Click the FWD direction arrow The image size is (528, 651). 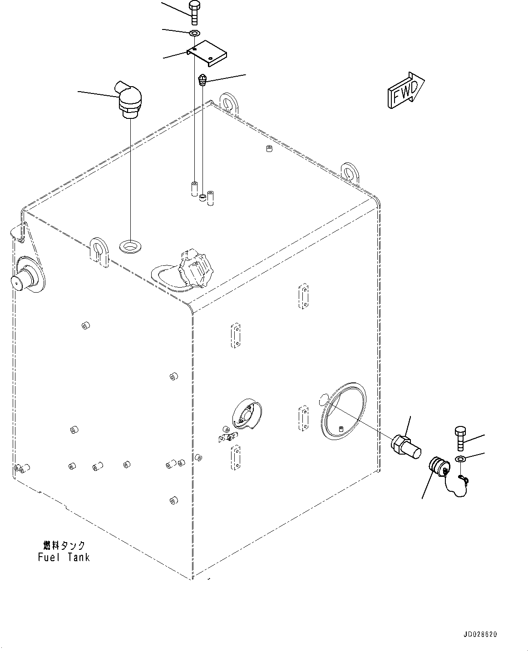(x=405, y=91)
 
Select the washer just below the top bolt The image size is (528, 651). (x=194, y=33)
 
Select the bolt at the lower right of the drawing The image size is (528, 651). (x=459, y=438)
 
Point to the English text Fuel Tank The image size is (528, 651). (x=64, y=557)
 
